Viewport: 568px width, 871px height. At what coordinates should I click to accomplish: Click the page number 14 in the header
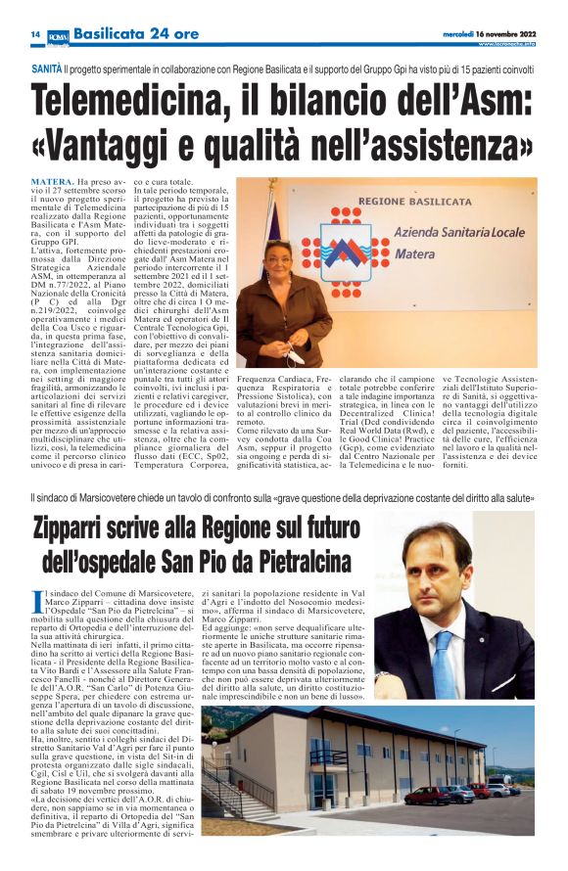[x=34, y=33]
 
